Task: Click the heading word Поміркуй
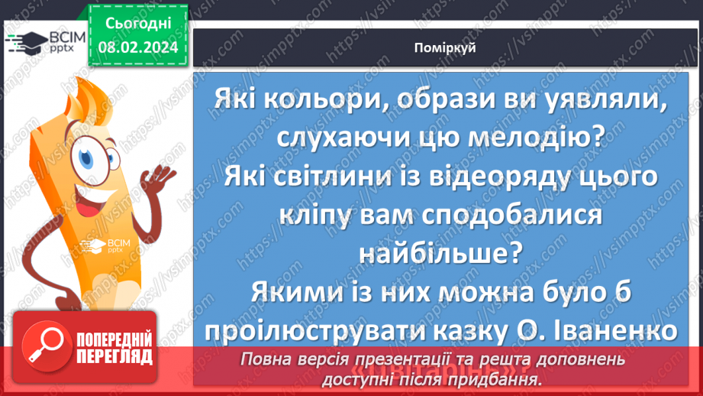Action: pyautogui.click(x=444, y=48)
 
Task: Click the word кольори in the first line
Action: pyautogui.click(x=302, y=100)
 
